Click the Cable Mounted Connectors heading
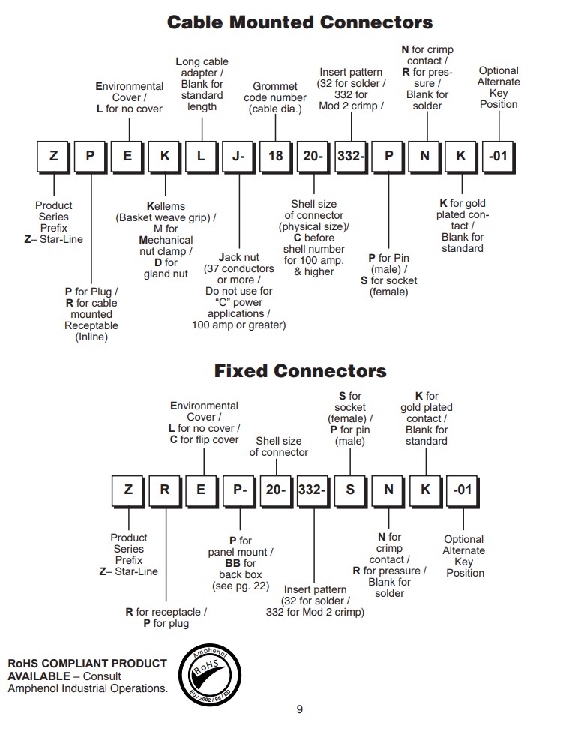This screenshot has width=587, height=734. tap(300, 22)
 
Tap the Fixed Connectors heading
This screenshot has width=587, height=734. tap(300, 371)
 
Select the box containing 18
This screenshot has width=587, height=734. tap(276, 156)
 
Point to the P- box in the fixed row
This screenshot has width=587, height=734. tap(240, 490)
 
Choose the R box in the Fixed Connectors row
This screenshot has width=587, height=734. tap(165, 490)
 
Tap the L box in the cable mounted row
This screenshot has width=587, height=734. tap(202, 156)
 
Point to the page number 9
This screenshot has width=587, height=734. tap(300, 709)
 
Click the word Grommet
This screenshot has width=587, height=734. tap(275, 87)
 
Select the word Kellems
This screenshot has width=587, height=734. tap(166, 206)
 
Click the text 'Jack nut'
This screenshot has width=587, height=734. tap(239, 257)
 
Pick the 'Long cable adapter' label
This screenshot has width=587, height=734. tap(202, 67)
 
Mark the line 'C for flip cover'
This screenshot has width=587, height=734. tap(204, 439)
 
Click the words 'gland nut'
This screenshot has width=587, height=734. tap(166, 274)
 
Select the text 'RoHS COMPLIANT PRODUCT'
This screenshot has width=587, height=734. tap(87, 663)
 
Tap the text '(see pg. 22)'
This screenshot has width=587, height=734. tap(241, 586)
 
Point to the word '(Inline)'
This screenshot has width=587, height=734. tap(91, 337)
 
